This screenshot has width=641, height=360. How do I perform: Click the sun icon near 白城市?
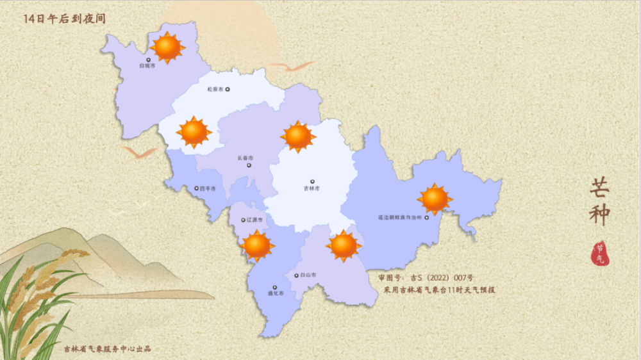point(167,47)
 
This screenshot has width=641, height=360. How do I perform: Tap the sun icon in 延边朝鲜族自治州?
point(435,199)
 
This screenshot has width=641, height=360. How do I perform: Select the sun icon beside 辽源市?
point(258,245)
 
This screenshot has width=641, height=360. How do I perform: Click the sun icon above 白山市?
point(344,245)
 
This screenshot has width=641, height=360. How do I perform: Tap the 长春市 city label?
point(246,158)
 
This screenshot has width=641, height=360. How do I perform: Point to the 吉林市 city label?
point(312,189)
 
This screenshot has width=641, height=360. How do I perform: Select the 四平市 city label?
point(208,189)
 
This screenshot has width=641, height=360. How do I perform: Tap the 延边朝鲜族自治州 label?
point(398,217)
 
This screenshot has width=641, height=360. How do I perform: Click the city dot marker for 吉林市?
point(312,181)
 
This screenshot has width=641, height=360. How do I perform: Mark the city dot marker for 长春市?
point(249,165)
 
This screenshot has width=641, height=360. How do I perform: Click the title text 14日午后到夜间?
point(64,19)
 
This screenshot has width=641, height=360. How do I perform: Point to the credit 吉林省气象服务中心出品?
point(107,349)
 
